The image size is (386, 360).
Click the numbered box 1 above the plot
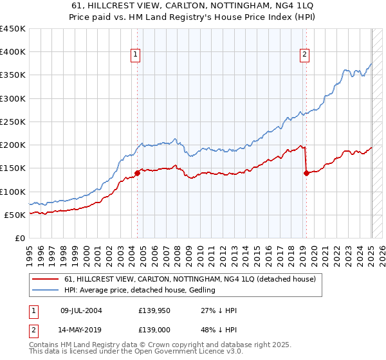136,55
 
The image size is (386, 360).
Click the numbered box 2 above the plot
304,55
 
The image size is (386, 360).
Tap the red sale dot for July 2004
137,173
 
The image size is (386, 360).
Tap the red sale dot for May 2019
306,173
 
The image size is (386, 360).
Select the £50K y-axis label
15,215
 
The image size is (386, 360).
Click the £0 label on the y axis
21,238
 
